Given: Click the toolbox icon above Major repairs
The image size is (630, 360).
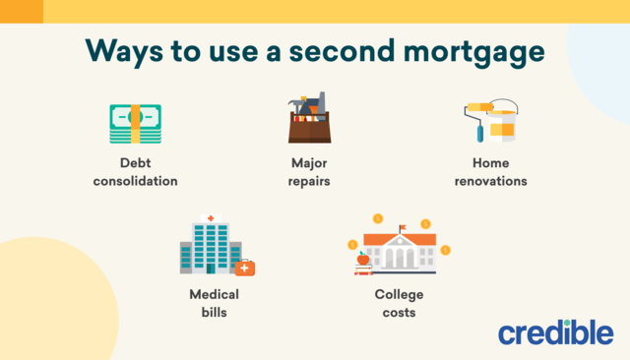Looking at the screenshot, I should coord(308,124).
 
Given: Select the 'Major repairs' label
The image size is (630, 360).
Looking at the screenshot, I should coord(308,172).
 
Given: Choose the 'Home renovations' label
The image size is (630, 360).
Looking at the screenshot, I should coord(491,172).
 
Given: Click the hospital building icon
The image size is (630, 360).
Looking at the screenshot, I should coord(209,245).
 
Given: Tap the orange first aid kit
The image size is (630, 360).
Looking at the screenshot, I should coord(244,267).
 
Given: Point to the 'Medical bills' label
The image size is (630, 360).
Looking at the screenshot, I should coord(214,303).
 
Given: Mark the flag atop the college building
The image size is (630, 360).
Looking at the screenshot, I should coord(402,229).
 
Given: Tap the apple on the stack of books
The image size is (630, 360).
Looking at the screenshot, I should coord(363,260).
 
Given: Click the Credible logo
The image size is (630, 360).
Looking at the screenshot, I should coord(555,330).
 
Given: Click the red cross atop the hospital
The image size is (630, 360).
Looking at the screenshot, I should coord(208,216).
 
